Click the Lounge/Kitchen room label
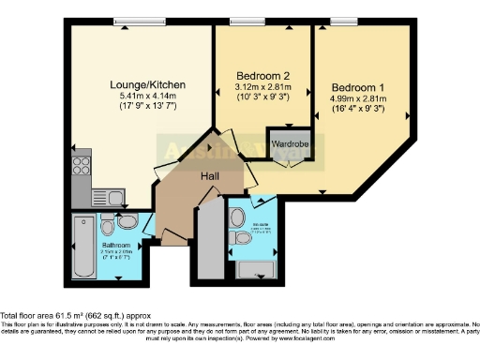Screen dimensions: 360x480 tap(148, 85)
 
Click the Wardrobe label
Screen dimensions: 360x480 tap(288, 145)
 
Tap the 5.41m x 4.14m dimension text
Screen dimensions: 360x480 tap(148, 97)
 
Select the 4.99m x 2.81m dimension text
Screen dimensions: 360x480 tap(358, 97)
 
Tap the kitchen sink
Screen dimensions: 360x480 tap(103, 197)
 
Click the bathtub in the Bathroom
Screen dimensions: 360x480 tap(82, 247)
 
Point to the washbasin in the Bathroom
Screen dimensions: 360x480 tap(130, 220)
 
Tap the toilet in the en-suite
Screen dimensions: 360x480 tap(245, 240)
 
